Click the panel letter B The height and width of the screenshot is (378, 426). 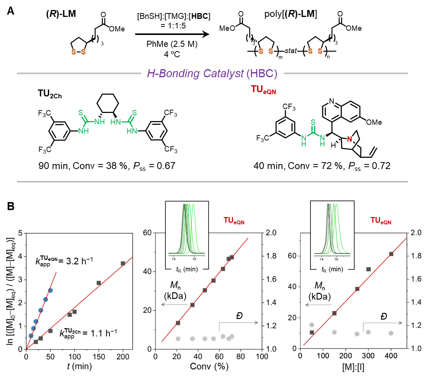[11, 206]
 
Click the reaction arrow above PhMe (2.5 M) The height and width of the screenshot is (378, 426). [172, 34]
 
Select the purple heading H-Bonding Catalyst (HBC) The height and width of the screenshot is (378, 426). [212, 74]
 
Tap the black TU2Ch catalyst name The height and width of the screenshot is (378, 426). [50, 94]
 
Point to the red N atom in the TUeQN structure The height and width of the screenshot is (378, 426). [350, 139]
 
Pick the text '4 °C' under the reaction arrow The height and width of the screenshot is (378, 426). [172, 54]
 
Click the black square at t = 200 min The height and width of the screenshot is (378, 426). [123, 263]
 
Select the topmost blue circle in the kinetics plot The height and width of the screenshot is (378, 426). [50, 290]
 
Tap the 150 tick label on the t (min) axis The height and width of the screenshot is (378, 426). [99, 356]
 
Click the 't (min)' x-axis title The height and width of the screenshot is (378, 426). [80, 366]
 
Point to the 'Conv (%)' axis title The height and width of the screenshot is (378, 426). [209, 366]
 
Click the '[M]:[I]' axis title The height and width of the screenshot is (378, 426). [353, 367]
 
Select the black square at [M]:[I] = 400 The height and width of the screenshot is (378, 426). [391, 254]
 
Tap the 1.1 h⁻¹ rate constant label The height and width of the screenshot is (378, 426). [88, 333]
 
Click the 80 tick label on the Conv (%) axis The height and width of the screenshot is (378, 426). [240, 356]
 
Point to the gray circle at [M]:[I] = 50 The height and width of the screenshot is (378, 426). [312, 325]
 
